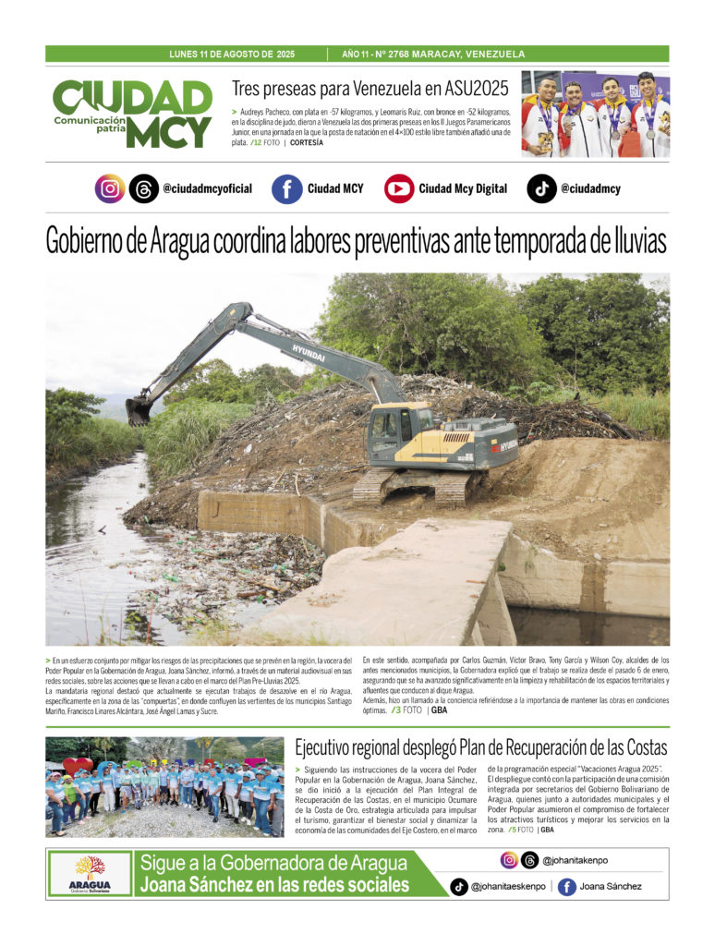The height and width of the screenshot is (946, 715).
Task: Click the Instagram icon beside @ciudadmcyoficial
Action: pos(110,188)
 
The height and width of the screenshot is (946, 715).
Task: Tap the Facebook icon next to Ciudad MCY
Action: pos(287,188)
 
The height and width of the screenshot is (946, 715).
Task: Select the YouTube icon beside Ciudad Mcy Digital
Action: pos(399,188)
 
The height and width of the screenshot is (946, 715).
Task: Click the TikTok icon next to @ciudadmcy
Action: pos(541,188)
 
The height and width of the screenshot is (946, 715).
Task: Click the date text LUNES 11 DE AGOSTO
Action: pos(219,55)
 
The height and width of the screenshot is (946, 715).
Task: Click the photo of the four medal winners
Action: pos(595,114)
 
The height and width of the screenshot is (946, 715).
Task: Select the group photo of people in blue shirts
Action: pos(164,787)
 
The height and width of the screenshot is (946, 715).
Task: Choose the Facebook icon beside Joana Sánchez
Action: pos(567,887)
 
